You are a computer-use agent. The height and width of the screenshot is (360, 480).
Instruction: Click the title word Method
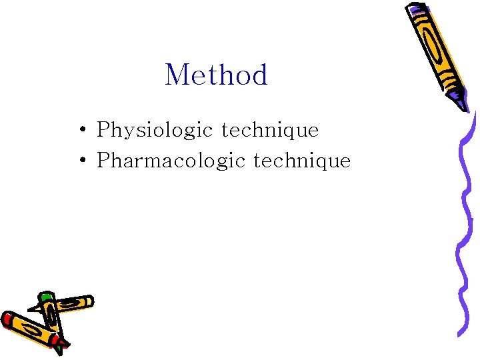[216, 75]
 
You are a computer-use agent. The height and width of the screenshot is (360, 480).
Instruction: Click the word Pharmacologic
[171, 161]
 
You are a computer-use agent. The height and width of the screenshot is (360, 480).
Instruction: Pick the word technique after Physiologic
[270, 130]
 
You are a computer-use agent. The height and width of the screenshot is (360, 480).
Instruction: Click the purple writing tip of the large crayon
[461, 104]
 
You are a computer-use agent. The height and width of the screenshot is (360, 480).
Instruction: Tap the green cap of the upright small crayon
[45, 295]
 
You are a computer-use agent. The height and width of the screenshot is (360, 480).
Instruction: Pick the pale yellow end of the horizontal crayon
[88, 301]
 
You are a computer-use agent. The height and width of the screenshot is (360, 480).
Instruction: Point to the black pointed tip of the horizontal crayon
[31, 309]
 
